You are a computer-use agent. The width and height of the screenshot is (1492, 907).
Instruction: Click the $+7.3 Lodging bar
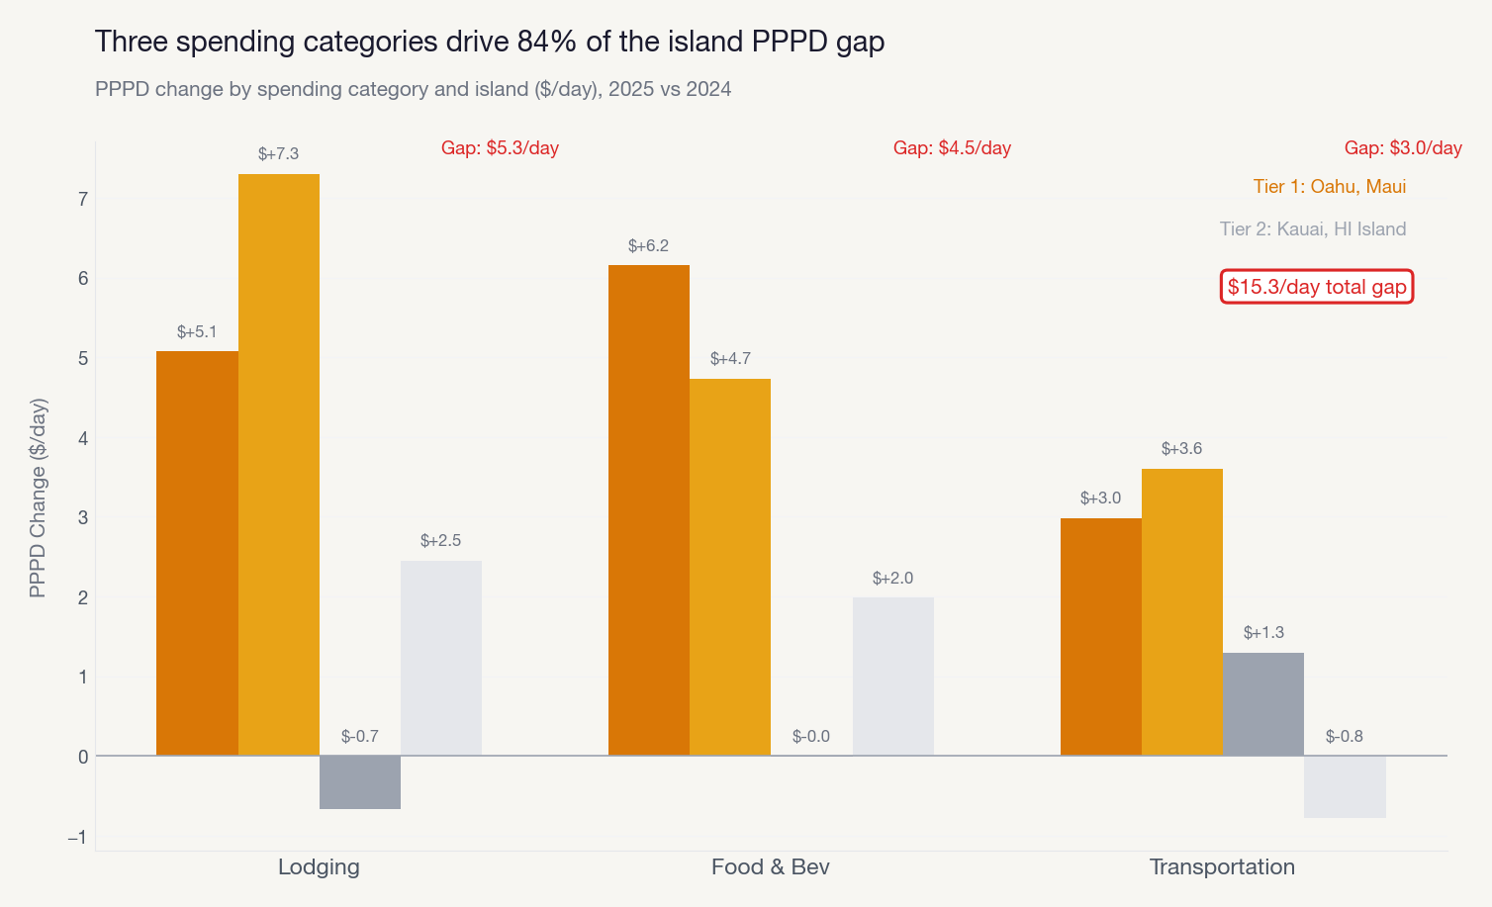pyautogui.click(x=279, y=465)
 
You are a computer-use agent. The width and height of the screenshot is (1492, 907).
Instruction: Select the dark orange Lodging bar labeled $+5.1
pyautogui.click(x=197, y=553)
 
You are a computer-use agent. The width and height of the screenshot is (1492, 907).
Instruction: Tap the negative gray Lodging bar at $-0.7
pyautogui.click(x=360, y=782)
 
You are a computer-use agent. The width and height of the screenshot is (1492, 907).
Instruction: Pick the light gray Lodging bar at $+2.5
pyautogui.click(x=441, y=658)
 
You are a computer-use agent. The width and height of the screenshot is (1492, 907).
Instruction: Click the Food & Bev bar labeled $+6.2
pyautogui.click(x=649, y=510)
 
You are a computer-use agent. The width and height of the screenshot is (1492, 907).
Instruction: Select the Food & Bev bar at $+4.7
pyautogui.click(x=730, y=567)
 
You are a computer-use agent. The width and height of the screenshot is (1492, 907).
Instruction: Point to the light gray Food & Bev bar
pyautogui.click(x=892, y=677)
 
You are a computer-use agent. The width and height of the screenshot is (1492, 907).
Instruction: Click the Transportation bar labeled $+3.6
pyautogui.click(x=1182, y=612)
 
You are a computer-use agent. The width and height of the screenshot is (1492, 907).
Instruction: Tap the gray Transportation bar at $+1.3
pyautogui.click(x=1263, y=704)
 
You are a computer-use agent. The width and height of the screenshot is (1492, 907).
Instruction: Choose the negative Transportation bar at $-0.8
pyautogui.click(x=1345, y=787)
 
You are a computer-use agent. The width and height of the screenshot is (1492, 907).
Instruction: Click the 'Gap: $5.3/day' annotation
pyautogui.click(x=500, y=148)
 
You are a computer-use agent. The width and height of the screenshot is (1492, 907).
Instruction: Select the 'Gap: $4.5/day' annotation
pyautogui.click(x=952, y=148)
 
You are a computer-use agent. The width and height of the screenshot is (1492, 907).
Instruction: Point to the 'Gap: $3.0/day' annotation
pyautogui.click(x=1403, y=148)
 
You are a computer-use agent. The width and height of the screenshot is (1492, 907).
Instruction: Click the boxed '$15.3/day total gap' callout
pyautogui.click(x=1317, y=287)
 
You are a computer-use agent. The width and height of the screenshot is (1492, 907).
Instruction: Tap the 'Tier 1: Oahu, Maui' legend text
pyautogui.click(x=1329, y=187)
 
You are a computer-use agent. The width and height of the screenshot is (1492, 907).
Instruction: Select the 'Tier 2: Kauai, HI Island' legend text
pyautogui.click(x=1312, y=229)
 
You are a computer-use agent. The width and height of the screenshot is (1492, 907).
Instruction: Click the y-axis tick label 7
pyautogui.click(x=83, y=199)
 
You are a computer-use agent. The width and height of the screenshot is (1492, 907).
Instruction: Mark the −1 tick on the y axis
pyautogui.click(x=77, y=838)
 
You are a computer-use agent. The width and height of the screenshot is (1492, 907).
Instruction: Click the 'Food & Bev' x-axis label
pyautogui.click(x=770, y=867)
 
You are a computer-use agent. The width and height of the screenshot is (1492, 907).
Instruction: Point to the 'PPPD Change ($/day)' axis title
pyautogui.click(x=39, y=498)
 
